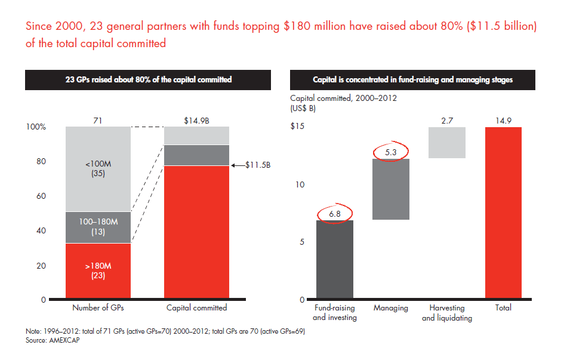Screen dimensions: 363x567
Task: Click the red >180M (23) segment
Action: (x=98, y=271)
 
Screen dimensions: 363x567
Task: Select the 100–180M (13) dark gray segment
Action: (x=98, y=227)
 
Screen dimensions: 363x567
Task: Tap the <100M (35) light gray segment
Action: (x=98, y=169)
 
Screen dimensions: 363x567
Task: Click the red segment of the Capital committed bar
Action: (x=196, y=232)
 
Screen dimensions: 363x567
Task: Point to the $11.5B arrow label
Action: (x=258, y=165)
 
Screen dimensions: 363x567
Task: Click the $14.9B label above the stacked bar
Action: (x=196, y=120)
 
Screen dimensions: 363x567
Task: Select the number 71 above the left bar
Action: (x=98, y=120)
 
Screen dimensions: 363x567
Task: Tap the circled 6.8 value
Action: (x=334, y=213)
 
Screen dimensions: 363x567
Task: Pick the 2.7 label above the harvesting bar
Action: (x=447, y=120)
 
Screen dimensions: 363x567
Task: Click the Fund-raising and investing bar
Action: (x=334, y=260)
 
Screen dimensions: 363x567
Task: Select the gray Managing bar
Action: (x=391, y=189)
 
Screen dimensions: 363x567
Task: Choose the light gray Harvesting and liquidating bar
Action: (x=447, y=143)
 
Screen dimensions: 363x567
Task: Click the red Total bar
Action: (x=503, y=213)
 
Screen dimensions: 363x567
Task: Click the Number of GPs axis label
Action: (x=98, y=308)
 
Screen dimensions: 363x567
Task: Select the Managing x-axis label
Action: (x=391, y=308)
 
